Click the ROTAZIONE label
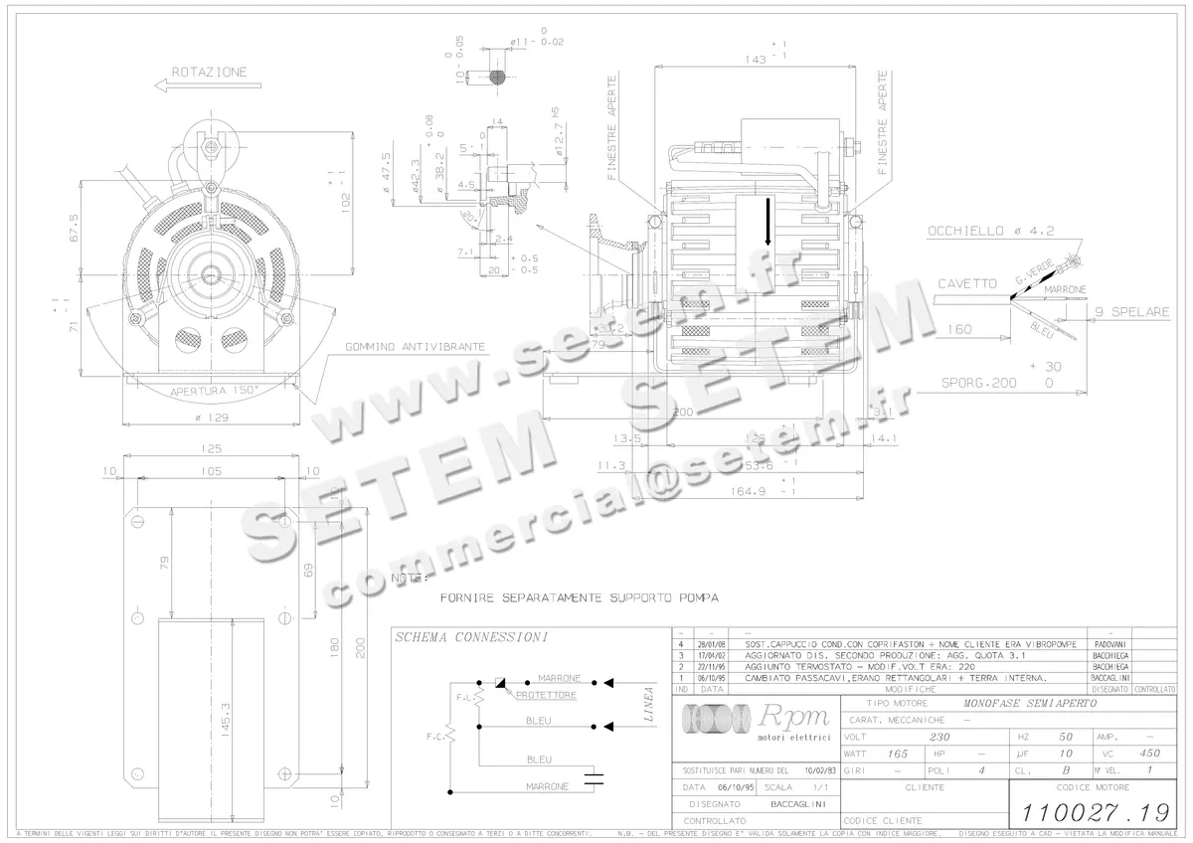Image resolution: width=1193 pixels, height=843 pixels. pyautogui.click(x=209, y=73)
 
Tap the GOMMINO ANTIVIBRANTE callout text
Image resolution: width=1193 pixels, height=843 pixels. pyautogui.click(x=416, y=347)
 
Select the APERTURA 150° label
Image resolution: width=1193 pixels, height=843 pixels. pyautogui.click(x=211, y=391)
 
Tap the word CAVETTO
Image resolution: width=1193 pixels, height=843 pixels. pyautogui.click(x=966, y=284)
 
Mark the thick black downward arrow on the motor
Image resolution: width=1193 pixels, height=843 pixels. pyautogui.click(x=767, y=222)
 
